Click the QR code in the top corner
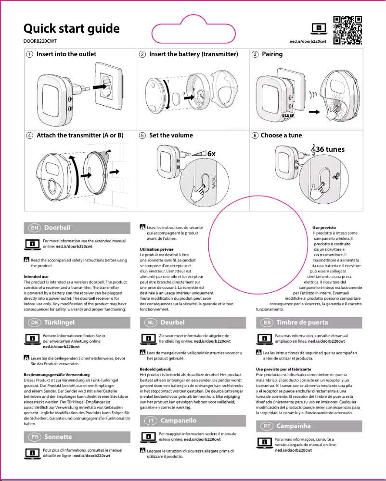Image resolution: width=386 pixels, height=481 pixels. point(347,30)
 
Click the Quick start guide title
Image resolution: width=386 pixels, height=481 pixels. point(72,28)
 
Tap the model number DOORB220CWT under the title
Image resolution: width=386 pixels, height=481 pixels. point(40,41)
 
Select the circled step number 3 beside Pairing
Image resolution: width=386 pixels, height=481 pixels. point(256,54)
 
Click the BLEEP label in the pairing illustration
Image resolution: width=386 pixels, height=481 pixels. point(288,116)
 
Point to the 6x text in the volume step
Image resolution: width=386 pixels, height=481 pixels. point(211,153)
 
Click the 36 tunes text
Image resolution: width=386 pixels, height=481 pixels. point(331,149)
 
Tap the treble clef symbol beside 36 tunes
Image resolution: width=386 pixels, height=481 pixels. point(313,150)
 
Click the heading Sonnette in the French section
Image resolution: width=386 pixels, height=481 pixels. point(58,437)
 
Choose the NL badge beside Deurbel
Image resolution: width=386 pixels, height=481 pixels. point(151,322)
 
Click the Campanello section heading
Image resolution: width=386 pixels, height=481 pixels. point(178,420)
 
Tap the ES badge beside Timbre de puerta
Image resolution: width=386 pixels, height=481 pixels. point(267,322)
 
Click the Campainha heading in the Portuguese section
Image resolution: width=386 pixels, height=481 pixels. point(294,426)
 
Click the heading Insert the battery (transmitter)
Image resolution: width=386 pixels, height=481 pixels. point(193,54)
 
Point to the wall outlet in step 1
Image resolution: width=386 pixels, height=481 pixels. point(109,86)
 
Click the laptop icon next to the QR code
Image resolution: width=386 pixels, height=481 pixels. point(319,28)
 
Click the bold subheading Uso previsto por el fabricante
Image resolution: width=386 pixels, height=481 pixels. point(284,369)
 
